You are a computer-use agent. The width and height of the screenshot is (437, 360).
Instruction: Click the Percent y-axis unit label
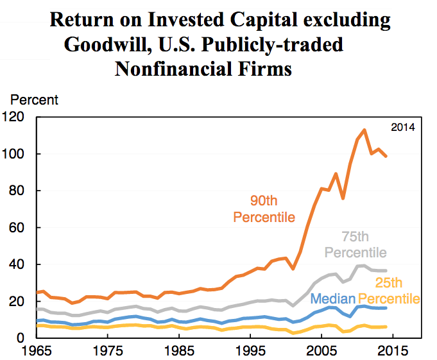click(34, 100)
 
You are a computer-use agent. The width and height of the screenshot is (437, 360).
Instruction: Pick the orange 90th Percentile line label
click(264, 209)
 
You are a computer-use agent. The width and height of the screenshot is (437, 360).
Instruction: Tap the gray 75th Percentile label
click(355, 244)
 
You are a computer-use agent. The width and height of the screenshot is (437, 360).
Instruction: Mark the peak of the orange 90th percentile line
click(364, 130)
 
